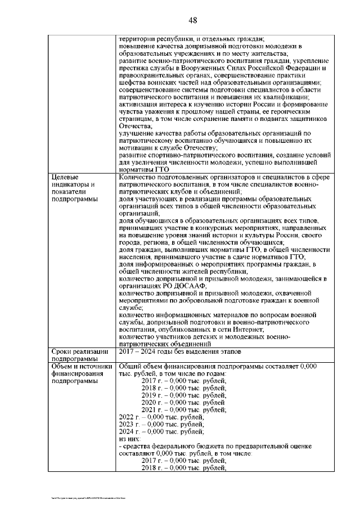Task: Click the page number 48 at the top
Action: click(192, 21)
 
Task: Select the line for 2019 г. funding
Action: click(183, 395)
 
